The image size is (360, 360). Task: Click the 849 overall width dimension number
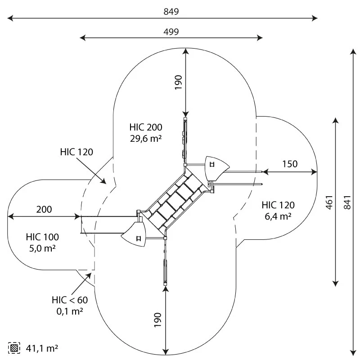tap(172, 12)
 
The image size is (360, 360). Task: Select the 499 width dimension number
tap(171, 31)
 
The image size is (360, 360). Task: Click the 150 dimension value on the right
tap(290, 164)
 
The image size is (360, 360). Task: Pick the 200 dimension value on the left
tap(44, 209)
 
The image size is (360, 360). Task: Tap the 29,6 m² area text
tap(145, 139)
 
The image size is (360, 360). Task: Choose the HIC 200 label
tap(145, 127)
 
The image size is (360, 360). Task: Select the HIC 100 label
tap(42, 237)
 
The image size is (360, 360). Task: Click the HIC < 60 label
tap(70, 300)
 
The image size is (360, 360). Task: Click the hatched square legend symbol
tap(14, 348)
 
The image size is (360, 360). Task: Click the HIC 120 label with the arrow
tap(76, 152)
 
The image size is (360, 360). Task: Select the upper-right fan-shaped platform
tap(216, 167)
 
